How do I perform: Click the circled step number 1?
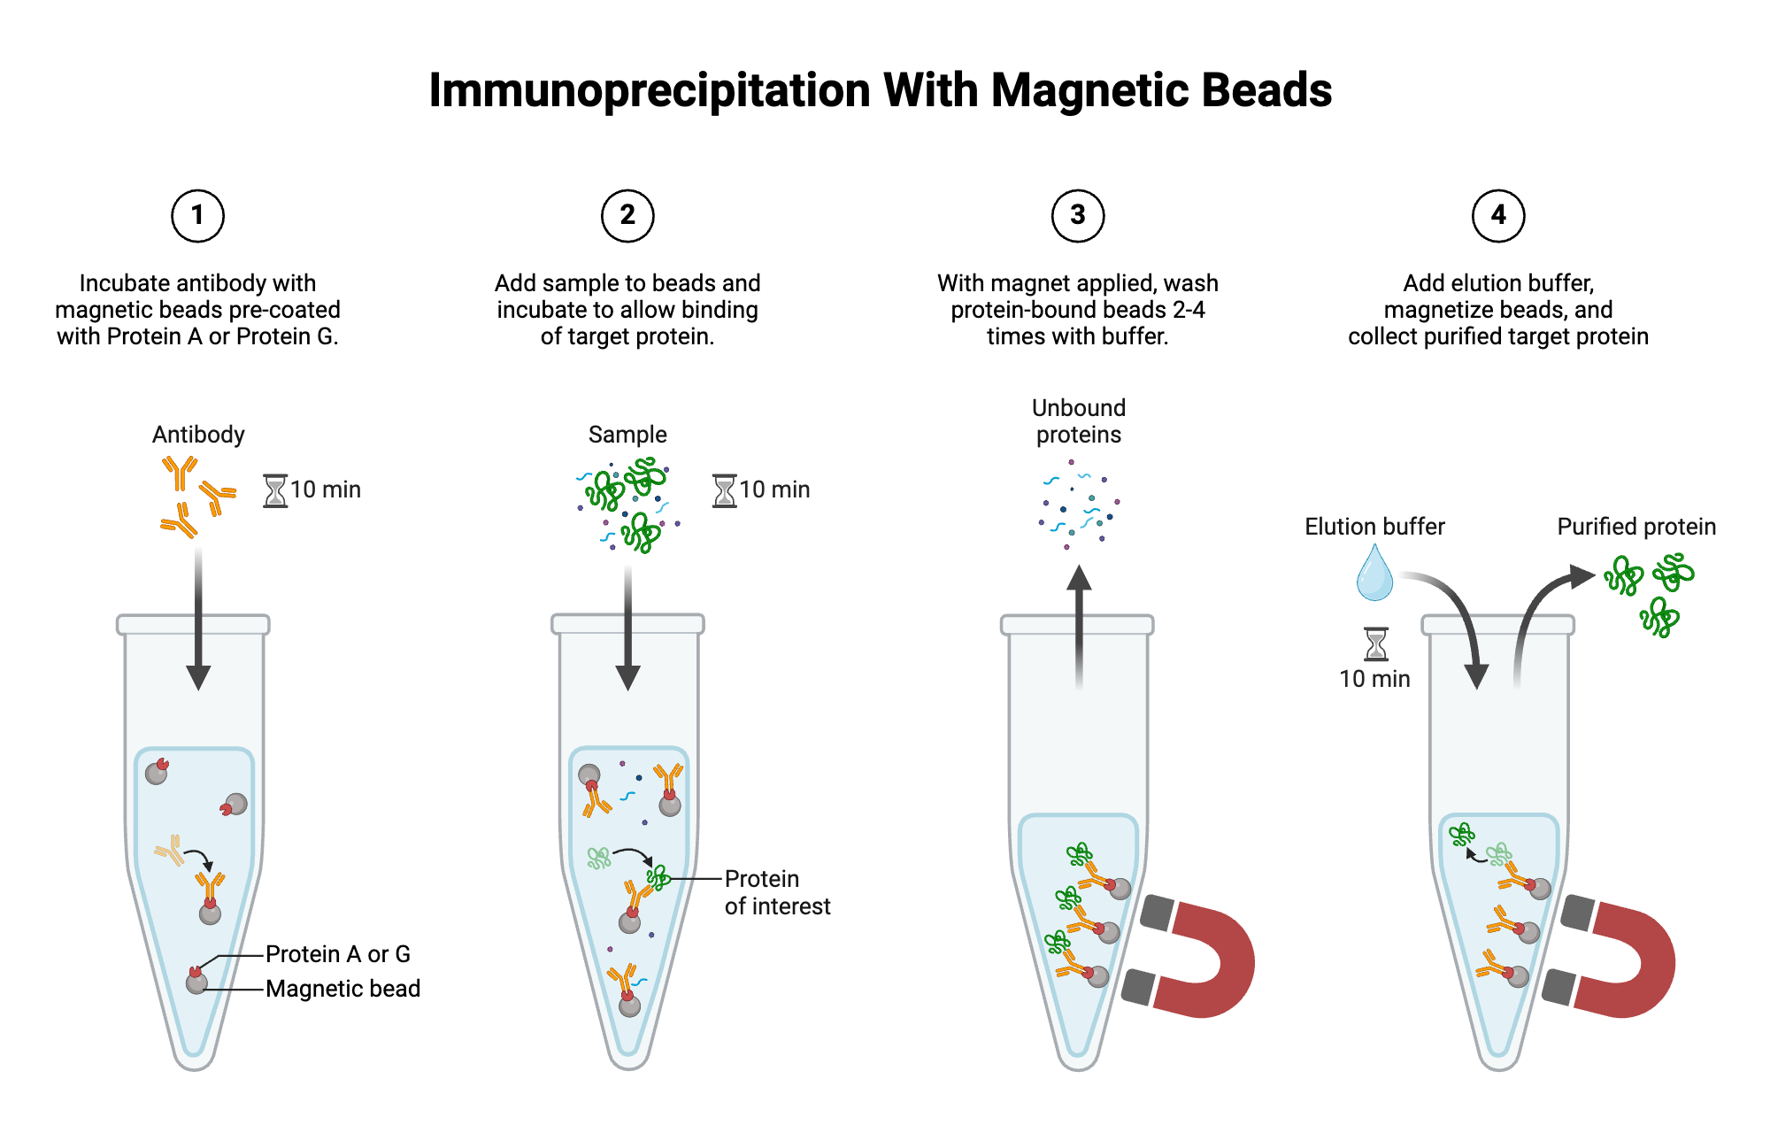click(x=197, y=215)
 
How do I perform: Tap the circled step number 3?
click(x=1077, y=215)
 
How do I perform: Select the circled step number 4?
click(x=1497, y=215)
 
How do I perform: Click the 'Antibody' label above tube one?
click(x=198, y=435)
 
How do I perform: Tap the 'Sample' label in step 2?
click(x=627, y=435)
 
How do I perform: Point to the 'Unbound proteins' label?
click(x=1078, y=421)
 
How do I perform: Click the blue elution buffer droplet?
click(x=1374, y=575)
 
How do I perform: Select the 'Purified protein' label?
click(x=1635, y=527)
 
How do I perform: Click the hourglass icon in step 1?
click(x=275, y=490)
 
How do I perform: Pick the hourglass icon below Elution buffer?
click(x=1375, y=644)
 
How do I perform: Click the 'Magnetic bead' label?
click(x=342, y=989)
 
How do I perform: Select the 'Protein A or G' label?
click(x=337, y=954)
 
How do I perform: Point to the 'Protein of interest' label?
click(x=776, y=892)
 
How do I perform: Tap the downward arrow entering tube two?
click(x=627, y=628)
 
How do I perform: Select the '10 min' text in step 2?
click(x=774, y=489)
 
